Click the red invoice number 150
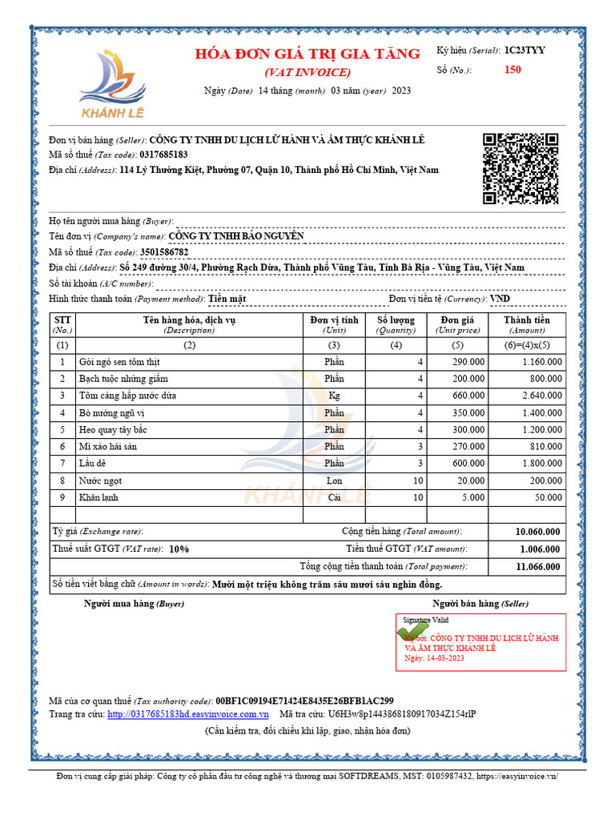pos(512,70)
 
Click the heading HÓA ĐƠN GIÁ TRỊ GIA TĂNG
pos(307,54)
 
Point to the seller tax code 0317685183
pos(163,155)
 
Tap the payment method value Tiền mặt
pos(227,299)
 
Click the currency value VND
pos(500,299)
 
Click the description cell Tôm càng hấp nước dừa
pos(127,396)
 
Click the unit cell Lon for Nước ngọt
pos(334,480)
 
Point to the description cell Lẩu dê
pos(94,464)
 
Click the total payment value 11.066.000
pos(537,566)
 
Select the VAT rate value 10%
pos(179,549)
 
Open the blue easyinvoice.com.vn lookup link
pos(188,713)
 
